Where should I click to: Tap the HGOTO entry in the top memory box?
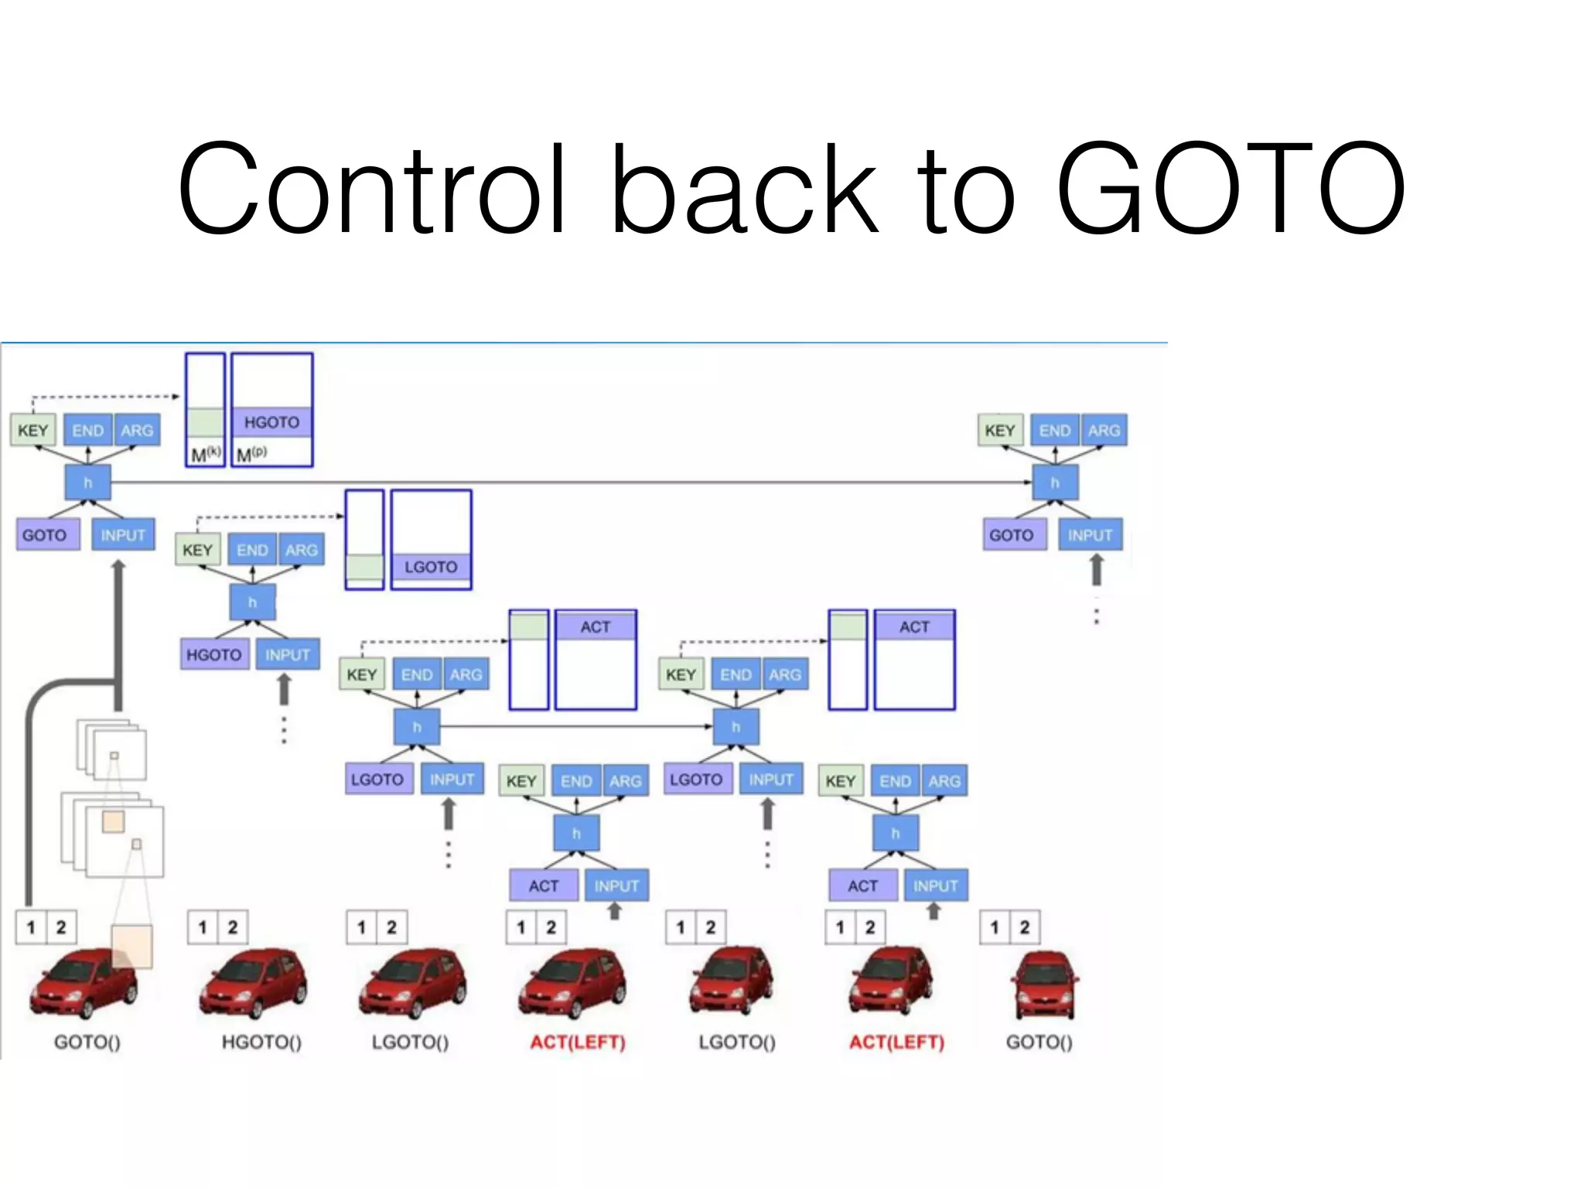[x=271, y=422]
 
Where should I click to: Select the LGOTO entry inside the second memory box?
[x=431, y=567]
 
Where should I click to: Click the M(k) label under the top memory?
[x=205, y=455]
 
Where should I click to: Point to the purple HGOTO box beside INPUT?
[x=214, y=655]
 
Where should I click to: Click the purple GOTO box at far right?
[x=1012, y=535]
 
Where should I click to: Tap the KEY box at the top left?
[x=33, y=431]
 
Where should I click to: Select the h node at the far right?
[x=1055, y=483]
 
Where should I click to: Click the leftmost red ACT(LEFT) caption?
[x=577, y=1043]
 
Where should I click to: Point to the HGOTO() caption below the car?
[x=261, y=1043]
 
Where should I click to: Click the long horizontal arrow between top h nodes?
[x=572, y=483]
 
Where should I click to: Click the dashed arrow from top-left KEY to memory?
[x=104, y=397]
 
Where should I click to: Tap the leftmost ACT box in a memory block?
[x=596, y=626]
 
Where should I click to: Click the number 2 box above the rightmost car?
[x=1025, y=927]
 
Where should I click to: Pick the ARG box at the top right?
[x=1104, y=431]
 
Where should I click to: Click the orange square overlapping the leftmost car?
[x=132, y=946]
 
